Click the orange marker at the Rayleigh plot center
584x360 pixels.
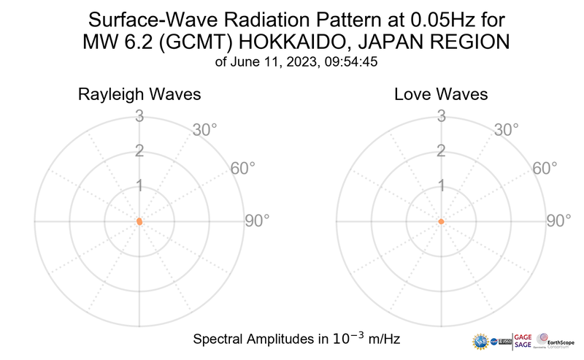tap(139, 221)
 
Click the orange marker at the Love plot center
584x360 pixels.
tap(441, 221)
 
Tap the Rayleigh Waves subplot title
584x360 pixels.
tap(139, 95)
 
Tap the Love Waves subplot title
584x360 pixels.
tap(441, 95)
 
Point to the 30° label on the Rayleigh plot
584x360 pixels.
tap(205, 130)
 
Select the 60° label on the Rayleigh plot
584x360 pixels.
tap(243, 169)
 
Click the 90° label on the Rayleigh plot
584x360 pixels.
tap(257, 221)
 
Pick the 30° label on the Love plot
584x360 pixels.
tap(507, 130)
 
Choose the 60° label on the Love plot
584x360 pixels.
tap(545, 169)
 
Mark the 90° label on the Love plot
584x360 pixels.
tap(558, 221)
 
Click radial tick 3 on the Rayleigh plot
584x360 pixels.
tap(139, 115)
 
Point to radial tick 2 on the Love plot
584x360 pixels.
tap(440, 151)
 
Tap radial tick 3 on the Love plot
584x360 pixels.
tap(440, 115)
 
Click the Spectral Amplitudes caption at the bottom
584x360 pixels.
tap(296, 339)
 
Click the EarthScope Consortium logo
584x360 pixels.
tap(556, 342)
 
